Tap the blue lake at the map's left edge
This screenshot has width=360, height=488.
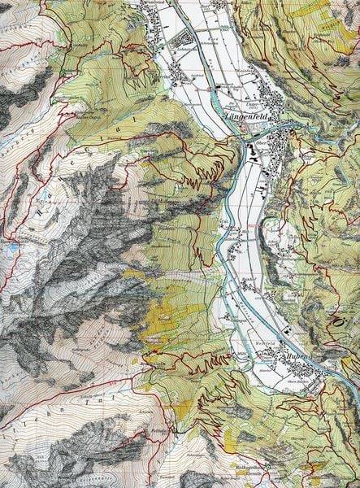coord(7,242)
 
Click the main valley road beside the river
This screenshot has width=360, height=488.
coord(238,244)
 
